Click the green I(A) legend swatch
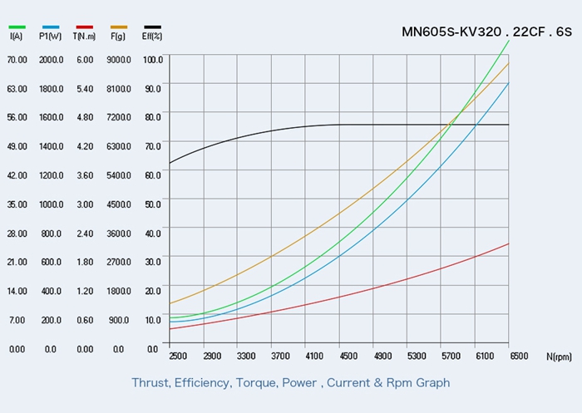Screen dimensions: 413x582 coord(17,27)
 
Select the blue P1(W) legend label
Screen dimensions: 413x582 coord(50,37)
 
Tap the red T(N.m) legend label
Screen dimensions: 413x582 coord(84,37)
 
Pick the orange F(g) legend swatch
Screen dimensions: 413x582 coord(118,27)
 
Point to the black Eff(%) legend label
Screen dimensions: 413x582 coord(152,37)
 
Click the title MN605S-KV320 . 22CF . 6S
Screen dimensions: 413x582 coord(486,32)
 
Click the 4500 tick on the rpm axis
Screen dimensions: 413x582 coord(348,356)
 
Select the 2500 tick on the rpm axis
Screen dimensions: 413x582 coord(177,356)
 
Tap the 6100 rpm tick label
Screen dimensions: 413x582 coord(484,356)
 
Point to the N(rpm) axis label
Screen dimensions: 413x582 coord(559,357)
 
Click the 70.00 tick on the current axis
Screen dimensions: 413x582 coord(17,60)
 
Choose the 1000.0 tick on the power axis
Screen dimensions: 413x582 coord(51,204)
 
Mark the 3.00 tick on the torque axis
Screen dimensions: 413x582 coord(85,204)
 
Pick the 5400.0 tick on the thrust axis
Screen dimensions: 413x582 coord(119,175)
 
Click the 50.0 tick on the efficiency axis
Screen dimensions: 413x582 coord(153,204)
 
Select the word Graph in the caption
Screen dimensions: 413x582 coord(432,383)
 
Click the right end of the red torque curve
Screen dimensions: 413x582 coord(509,243)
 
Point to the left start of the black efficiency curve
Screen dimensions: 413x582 coord(169,163)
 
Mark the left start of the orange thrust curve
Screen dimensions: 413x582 coord(169,303)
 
